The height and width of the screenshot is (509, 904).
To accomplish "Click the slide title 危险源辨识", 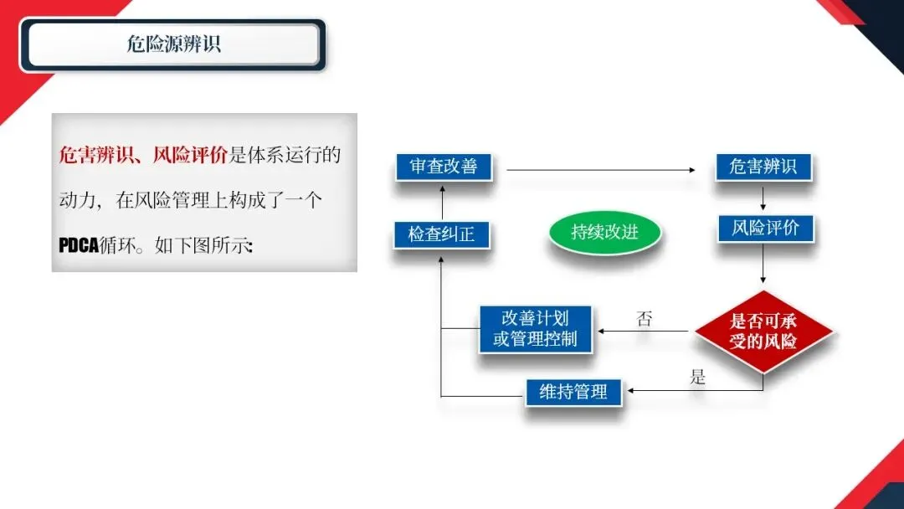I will click(173, 44).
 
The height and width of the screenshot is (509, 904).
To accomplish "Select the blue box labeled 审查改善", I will click(444, 167).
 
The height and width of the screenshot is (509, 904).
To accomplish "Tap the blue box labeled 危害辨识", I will click(763, 167).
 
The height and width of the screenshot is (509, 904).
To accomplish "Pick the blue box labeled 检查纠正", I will click(441, 234).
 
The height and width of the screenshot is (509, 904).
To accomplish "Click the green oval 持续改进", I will click(604, 232).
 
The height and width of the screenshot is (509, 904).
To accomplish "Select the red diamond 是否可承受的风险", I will click(763, 332).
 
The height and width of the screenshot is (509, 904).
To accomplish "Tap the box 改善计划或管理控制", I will click(535, 329).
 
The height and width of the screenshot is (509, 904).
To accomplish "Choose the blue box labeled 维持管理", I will click(573, 391).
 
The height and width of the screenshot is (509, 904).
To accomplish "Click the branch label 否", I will click(644, 318).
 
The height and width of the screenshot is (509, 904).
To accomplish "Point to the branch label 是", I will click(697, 377).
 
